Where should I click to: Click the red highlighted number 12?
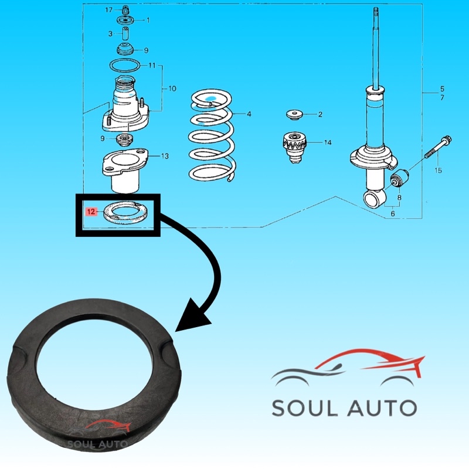pos(91,212)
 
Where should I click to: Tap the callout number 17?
pos(108,10)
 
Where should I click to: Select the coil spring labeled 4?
pos(212,135)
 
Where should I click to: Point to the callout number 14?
pos(328,142)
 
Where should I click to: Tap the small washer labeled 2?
pos(294,114)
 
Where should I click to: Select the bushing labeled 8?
pos(400,178)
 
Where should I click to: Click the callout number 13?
pos(165,156)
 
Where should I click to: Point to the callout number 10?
pos(172,89)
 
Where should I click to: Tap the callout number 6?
pos(392,213)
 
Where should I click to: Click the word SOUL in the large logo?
pos(305,408)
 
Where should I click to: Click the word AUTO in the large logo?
pos(382,408)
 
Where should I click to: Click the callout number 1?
pos(148,20)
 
